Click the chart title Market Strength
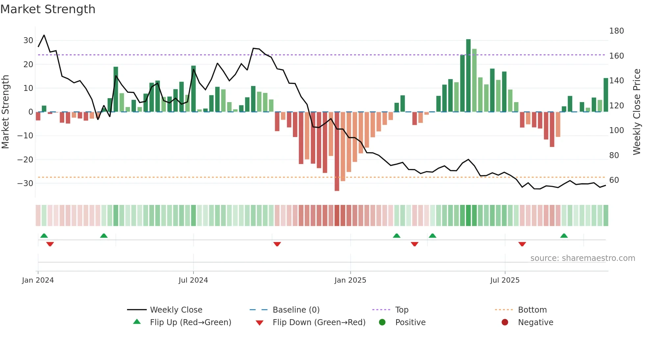(x=48, y=9)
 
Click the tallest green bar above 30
(x=468, y=75)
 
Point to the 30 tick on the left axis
(x=28, y=41)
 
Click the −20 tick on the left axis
(x=25, y=159)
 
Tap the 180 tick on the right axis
(x=616, y=31)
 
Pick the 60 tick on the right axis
(x=614, y=180)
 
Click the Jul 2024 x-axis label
(x=193, y=280)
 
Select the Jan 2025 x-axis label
(x=350, y=280)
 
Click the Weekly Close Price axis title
(x=637, y=112)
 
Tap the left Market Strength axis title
(x=6, y=112)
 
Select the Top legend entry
(x=401, y=310)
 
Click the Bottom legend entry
(x=532, y=310)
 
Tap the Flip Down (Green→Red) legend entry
(x=319, y=322)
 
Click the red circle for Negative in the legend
(x=505, y=322)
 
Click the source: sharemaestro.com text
(x=582, y=258)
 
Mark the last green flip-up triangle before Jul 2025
(x=432, y=236)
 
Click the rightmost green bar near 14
(x=606, y=95)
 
